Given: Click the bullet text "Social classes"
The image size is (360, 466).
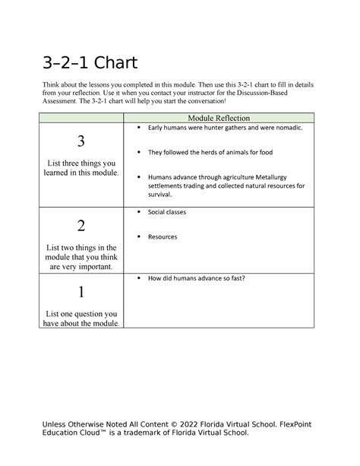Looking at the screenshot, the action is point(166,212).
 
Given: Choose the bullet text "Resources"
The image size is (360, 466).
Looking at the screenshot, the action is point(163,236).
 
